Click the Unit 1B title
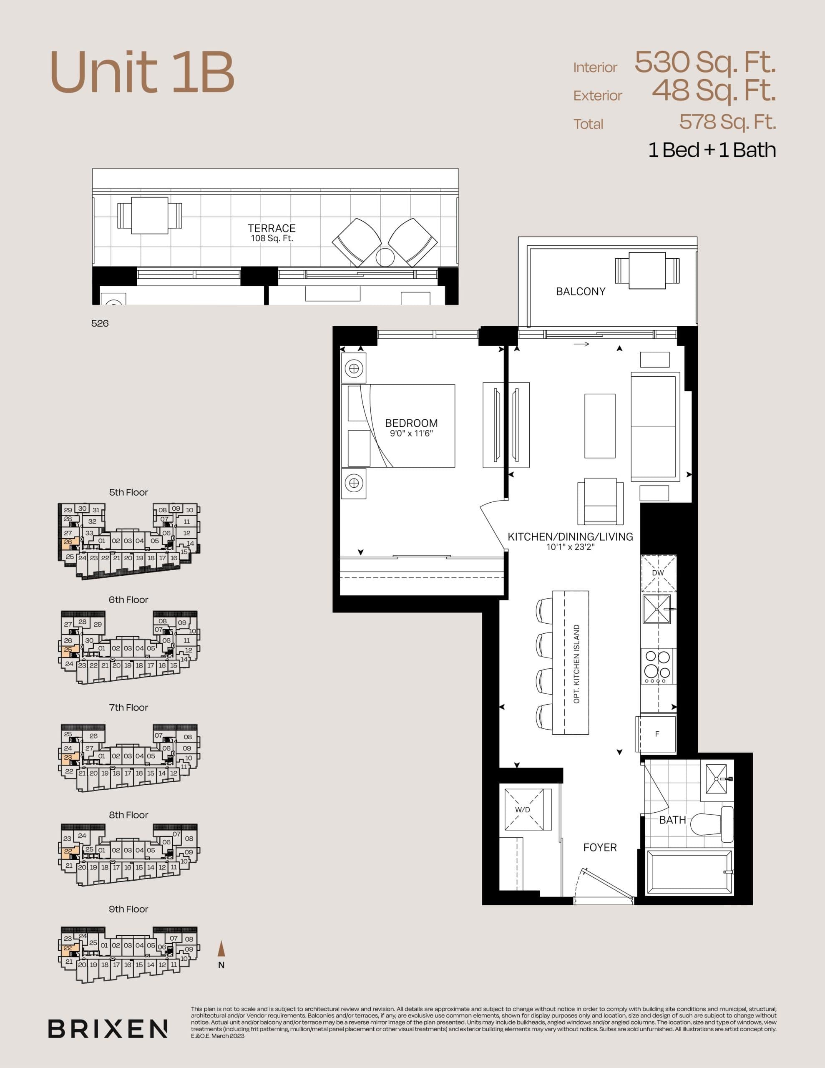(142, 72)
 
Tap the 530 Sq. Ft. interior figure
(705, 62)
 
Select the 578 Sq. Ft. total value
(727, 122)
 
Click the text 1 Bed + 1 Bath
(712, 150)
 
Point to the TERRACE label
(272, 228)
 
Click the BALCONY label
(581, 292)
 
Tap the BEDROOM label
(411, 423)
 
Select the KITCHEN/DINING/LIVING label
(570, 537)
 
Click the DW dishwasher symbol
(658, 573)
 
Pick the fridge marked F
(657, 734)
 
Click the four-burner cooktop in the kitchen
(657, 665)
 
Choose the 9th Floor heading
(128, 909)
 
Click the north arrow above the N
(221, 949)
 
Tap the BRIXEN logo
(108, 1029)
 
